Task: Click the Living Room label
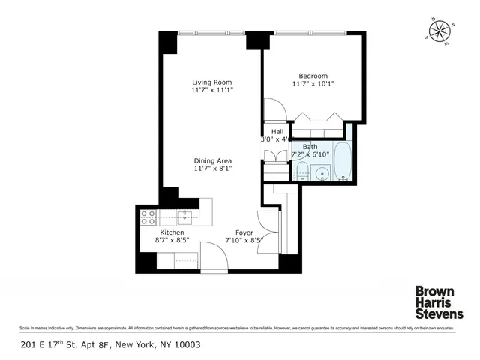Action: [212, 82]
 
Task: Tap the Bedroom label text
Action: [313, 76]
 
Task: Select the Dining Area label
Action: [212, 160]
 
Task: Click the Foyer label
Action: [244, 232]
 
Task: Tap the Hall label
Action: [277, 131]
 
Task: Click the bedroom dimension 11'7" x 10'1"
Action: [313, 84]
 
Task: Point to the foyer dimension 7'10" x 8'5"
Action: [244, 241]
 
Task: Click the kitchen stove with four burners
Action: [148, 217]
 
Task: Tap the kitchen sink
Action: [185, 217]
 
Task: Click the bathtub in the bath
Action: [343, 161]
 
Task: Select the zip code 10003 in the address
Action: [186, 345]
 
